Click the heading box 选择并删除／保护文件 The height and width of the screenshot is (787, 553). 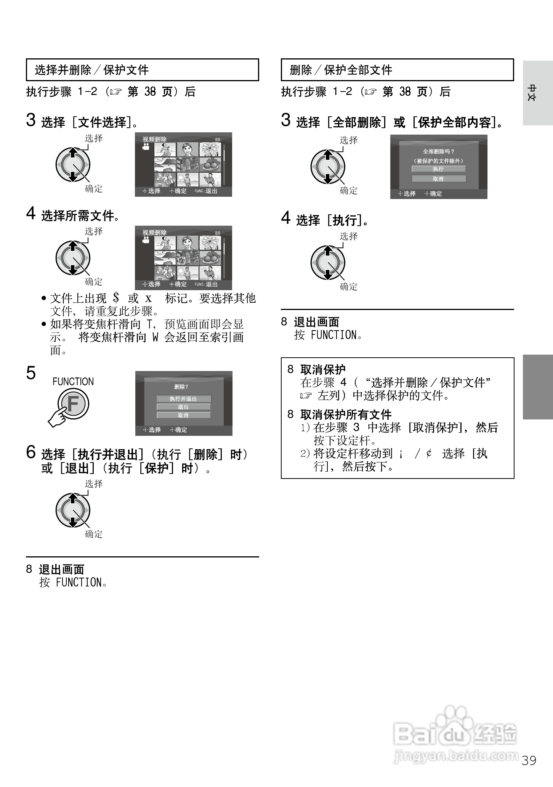pos(142,70)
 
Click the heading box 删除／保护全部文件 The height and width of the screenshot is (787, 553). pos(397,70)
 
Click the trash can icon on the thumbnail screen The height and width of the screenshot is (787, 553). pos(181,260)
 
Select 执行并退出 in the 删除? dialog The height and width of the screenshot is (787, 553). pos(183,398)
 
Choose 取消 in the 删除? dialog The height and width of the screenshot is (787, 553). pos(183,415)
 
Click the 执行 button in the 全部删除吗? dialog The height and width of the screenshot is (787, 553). pos(438,169)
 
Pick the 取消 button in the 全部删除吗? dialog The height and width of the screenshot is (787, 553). pos(438,179)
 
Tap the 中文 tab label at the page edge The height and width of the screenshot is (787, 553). pos(532,92)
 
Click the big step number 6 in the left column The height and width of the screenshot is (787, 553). pos(31,453)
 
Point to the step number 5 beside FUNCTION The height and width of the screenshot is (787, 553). pos(31,373)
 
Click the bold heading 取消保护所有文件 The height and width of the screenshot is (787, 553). pos(346,414)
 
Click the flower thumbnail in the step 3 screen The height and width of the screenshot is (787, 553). pos(210,150)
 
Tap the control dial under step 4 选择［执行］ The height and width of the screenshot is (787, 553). pos(328,262)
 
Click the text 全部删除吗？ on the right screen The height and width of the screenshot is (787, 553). pos(439,151)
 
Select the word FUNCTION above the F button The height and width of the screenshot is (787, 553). pos(73,382)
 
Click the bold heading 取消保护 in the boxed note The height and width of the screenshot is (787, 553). pos(323,369)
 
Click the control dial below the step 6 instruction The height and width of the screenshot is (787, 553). pos(73,510)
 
